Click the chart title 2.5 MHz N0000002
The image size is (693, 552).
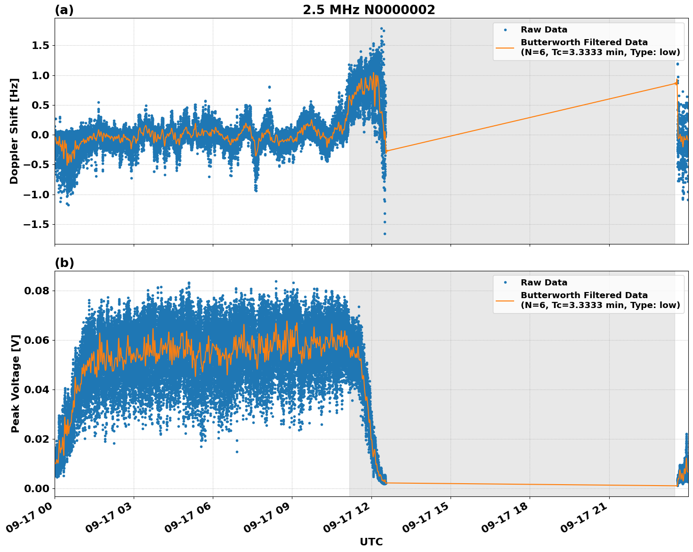[x=369, y=10]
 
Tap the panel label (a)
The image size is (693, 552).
[x=64, y=10]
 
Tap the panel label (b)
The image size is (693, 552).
[x=64, y=263]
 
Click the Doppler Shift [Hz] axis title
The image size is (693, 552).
[x=14, y=131]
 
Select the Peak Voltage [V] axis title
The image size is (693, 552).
[x=16, y=383]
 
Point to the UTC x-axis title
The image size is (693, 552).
[x=371, y=542]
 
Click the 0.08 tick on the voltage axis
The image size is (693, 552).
[x=37, y=291]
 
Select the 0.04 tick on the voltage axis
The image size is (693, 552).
[x=37, y=390]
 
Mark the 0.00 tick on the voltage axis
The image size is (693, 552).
[x=37, y=488]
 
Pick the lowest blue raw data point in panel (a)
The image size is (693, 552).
[x=384, y=234]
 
